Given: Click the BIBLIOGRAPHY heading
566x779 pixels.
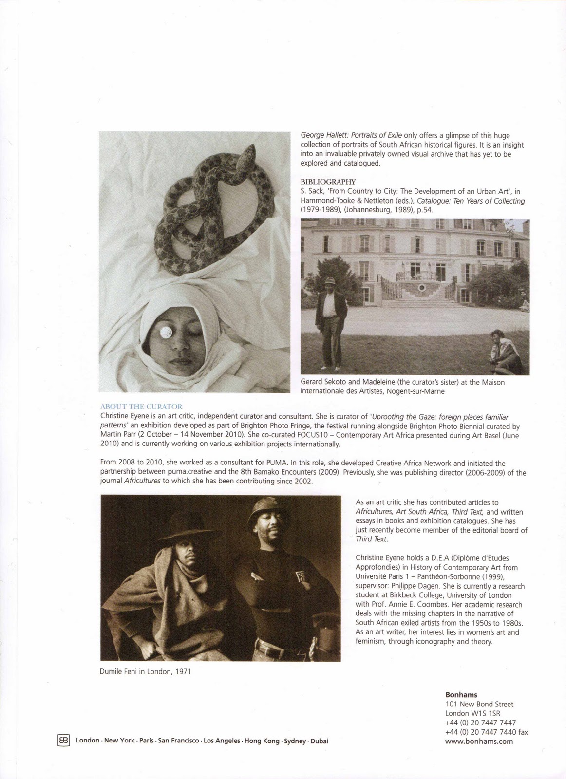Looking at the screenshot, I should point(328,182).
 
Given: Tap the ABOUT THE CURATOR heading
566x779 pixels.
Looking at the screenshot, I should point(141,407).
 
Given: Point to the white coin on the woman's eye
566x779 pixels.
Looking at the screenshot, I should point(165,333).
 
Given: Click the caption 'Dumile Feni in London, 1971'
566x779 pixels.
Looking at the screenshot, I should point(145,671).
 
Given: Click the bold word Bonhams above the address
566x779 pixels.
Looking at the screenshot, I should point(461,695).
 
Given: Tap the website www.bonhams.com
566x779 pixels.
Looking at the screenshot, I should point(479,741).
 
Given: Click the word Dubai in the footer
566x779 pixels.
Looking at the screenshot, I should point(319,741).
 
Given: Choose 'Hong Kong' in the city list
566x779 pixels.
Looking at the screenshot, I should point(262,741).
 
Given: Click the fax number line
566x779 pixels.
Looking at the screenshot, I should point(486,732).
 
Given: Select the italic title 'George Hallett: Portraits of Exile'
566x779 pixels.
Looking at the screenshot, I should point(351,135).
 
